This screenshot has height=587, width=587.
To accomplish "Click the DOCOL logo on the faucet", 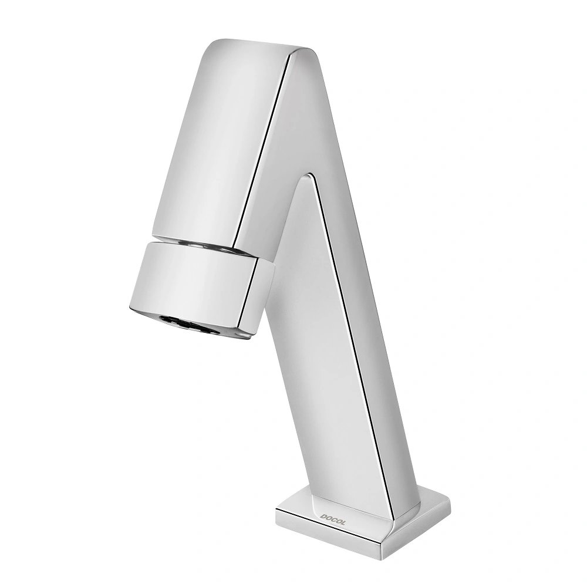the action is click(x=332, y=519).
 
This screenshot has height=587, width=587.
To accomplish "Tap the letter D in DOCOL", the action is click(x=323, y=517).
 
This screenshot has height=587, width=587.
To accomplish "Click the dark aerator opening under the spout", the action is click(x=188, y=325).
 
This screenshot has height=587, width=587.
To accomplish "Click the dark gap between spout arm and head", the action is click(x=204, y=245).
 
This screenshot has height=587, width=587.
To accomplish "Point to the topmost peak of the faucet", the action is click(x=225, y=39).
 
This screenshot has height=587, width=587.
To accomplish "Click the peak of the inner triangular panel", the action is click(x=309, y=174).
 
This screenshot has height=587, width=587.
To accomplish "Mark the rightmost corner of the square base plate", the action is click(x=450, y=500).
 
